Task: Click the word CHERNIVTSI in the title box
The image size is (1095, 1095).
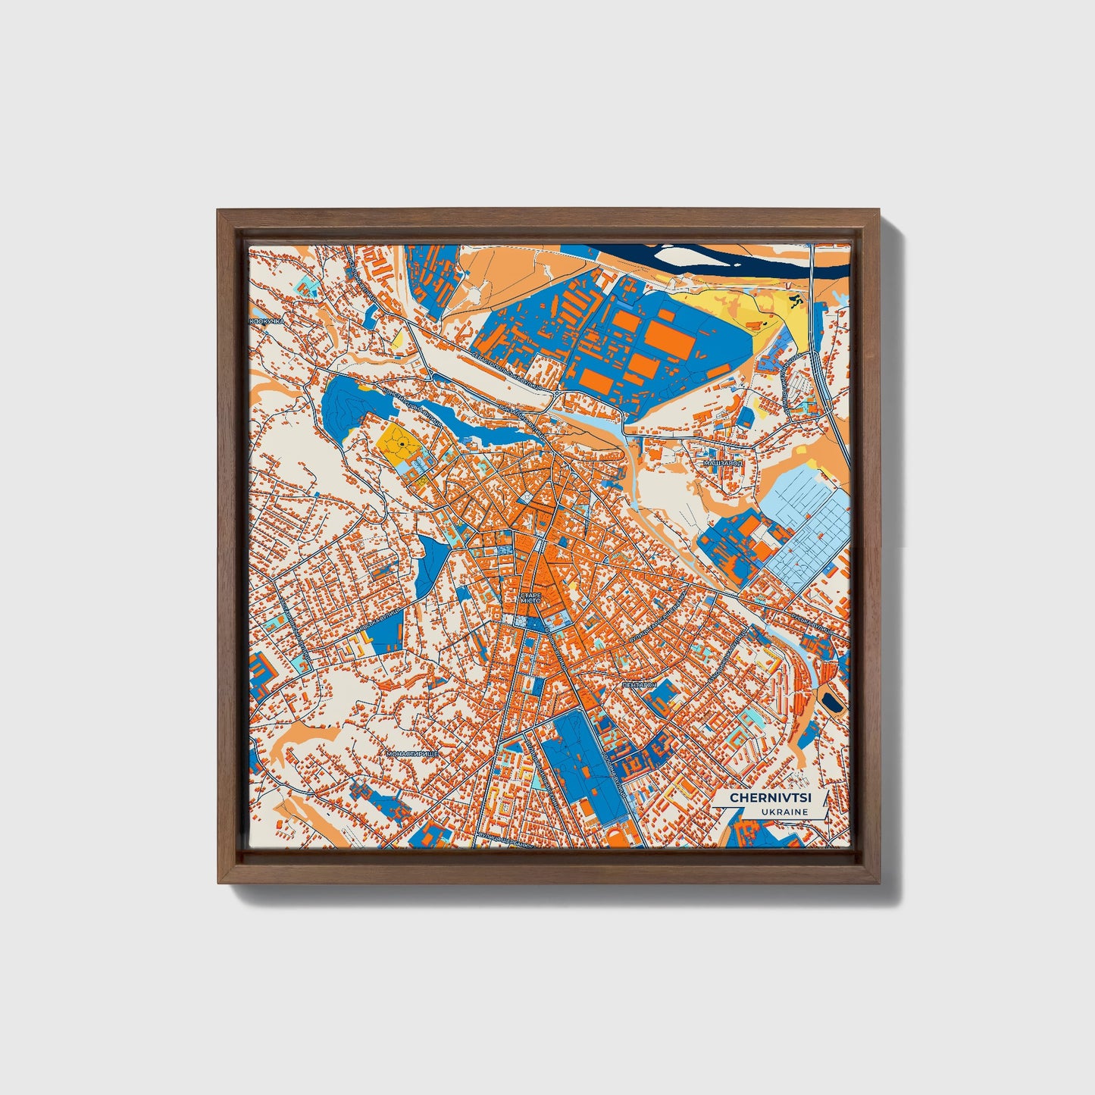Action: [x=765, y=798]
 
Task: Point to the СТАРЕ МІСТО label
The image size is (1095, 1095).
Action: [x=530, y=597]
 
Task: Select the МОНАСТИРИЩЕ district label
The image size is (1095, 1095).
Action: [x=413, y=755]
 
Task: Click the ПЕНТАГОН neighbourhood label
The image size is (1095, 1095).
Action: [x=638, y=684]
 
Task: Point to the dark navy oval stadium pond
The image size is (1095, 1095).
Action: [x=833, y=702]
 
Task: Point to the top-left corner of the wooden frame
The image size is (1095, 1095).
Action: [x=217, y=211]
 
